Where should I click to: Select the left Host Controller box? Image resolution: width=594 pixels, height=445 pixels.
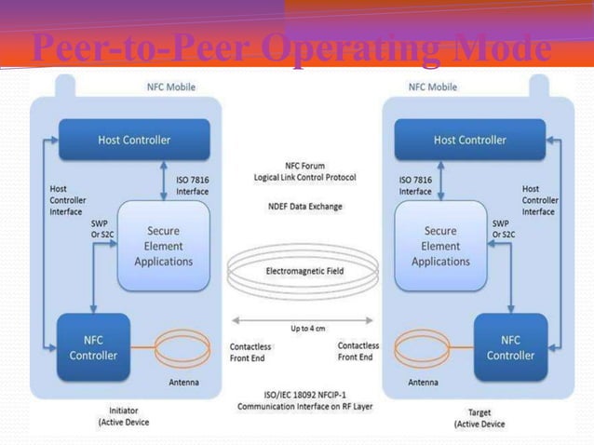(x=135, y=140)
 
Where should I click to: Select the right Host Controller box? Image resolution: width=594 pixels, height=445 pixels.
(x=469, y=140)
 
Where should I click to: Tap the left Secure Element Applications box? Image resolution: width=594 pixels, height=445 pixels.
(x=164, y=246)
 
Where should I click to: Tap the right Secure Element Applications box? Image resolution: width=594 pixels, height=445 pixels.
(x=440, y=246)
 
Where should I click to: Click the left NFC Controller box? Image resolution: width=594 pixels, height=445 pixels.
(x=94, y=347)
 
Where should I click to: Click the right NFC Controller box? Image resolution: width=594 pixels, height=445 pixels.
(x=510, y=347)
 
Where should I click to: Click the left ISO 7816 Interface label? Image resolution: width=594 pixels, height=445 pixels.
(x=192, y=186)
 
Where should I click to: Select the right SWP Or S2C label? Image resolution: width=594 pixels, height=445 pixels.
(x=503, y=229)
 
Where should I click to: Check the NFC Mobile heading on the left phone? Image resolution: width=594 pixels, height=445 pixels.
(x=172, y=88)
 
